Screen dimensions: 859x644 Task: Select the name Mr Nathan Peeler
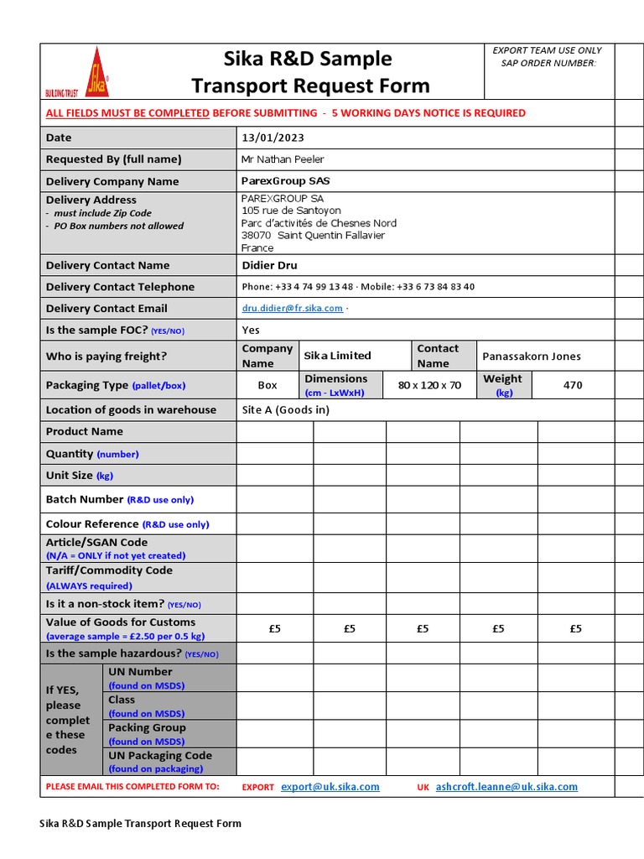[283, 159]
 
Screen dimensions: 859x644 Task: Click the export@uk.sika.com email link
[330, 787]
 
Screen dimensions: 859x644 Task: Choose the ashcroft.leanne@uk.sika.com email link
[506, 787]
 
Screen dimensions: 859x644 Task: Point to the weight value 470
[573, 386]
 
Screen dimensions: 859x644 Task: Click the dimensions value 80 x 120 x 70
[429, 386]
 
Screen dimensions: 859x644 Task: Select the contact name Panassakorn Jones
[532, 357]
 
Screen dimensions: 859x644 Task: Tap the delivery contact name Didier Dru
[269, 266]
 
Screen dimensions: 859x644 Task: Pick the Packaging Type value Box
[267, 386]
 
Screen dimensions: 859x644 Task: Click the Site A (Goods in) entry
[285, 410]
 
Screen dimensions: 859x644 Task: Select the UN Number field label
[140, 672]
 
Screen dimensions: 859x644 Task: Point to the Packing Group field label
[147, 728]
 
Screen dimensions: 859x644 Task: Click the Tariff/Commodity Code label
[109, 570]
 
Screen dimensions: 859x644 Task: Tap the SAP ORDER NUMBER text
[548, 63]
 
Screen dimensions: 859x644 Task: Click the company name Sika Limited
[337, 356]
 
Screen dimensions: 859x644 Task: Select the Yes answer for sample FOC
[251, 331]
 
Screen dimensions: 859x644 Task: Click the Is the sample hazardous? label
[113, 653]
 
